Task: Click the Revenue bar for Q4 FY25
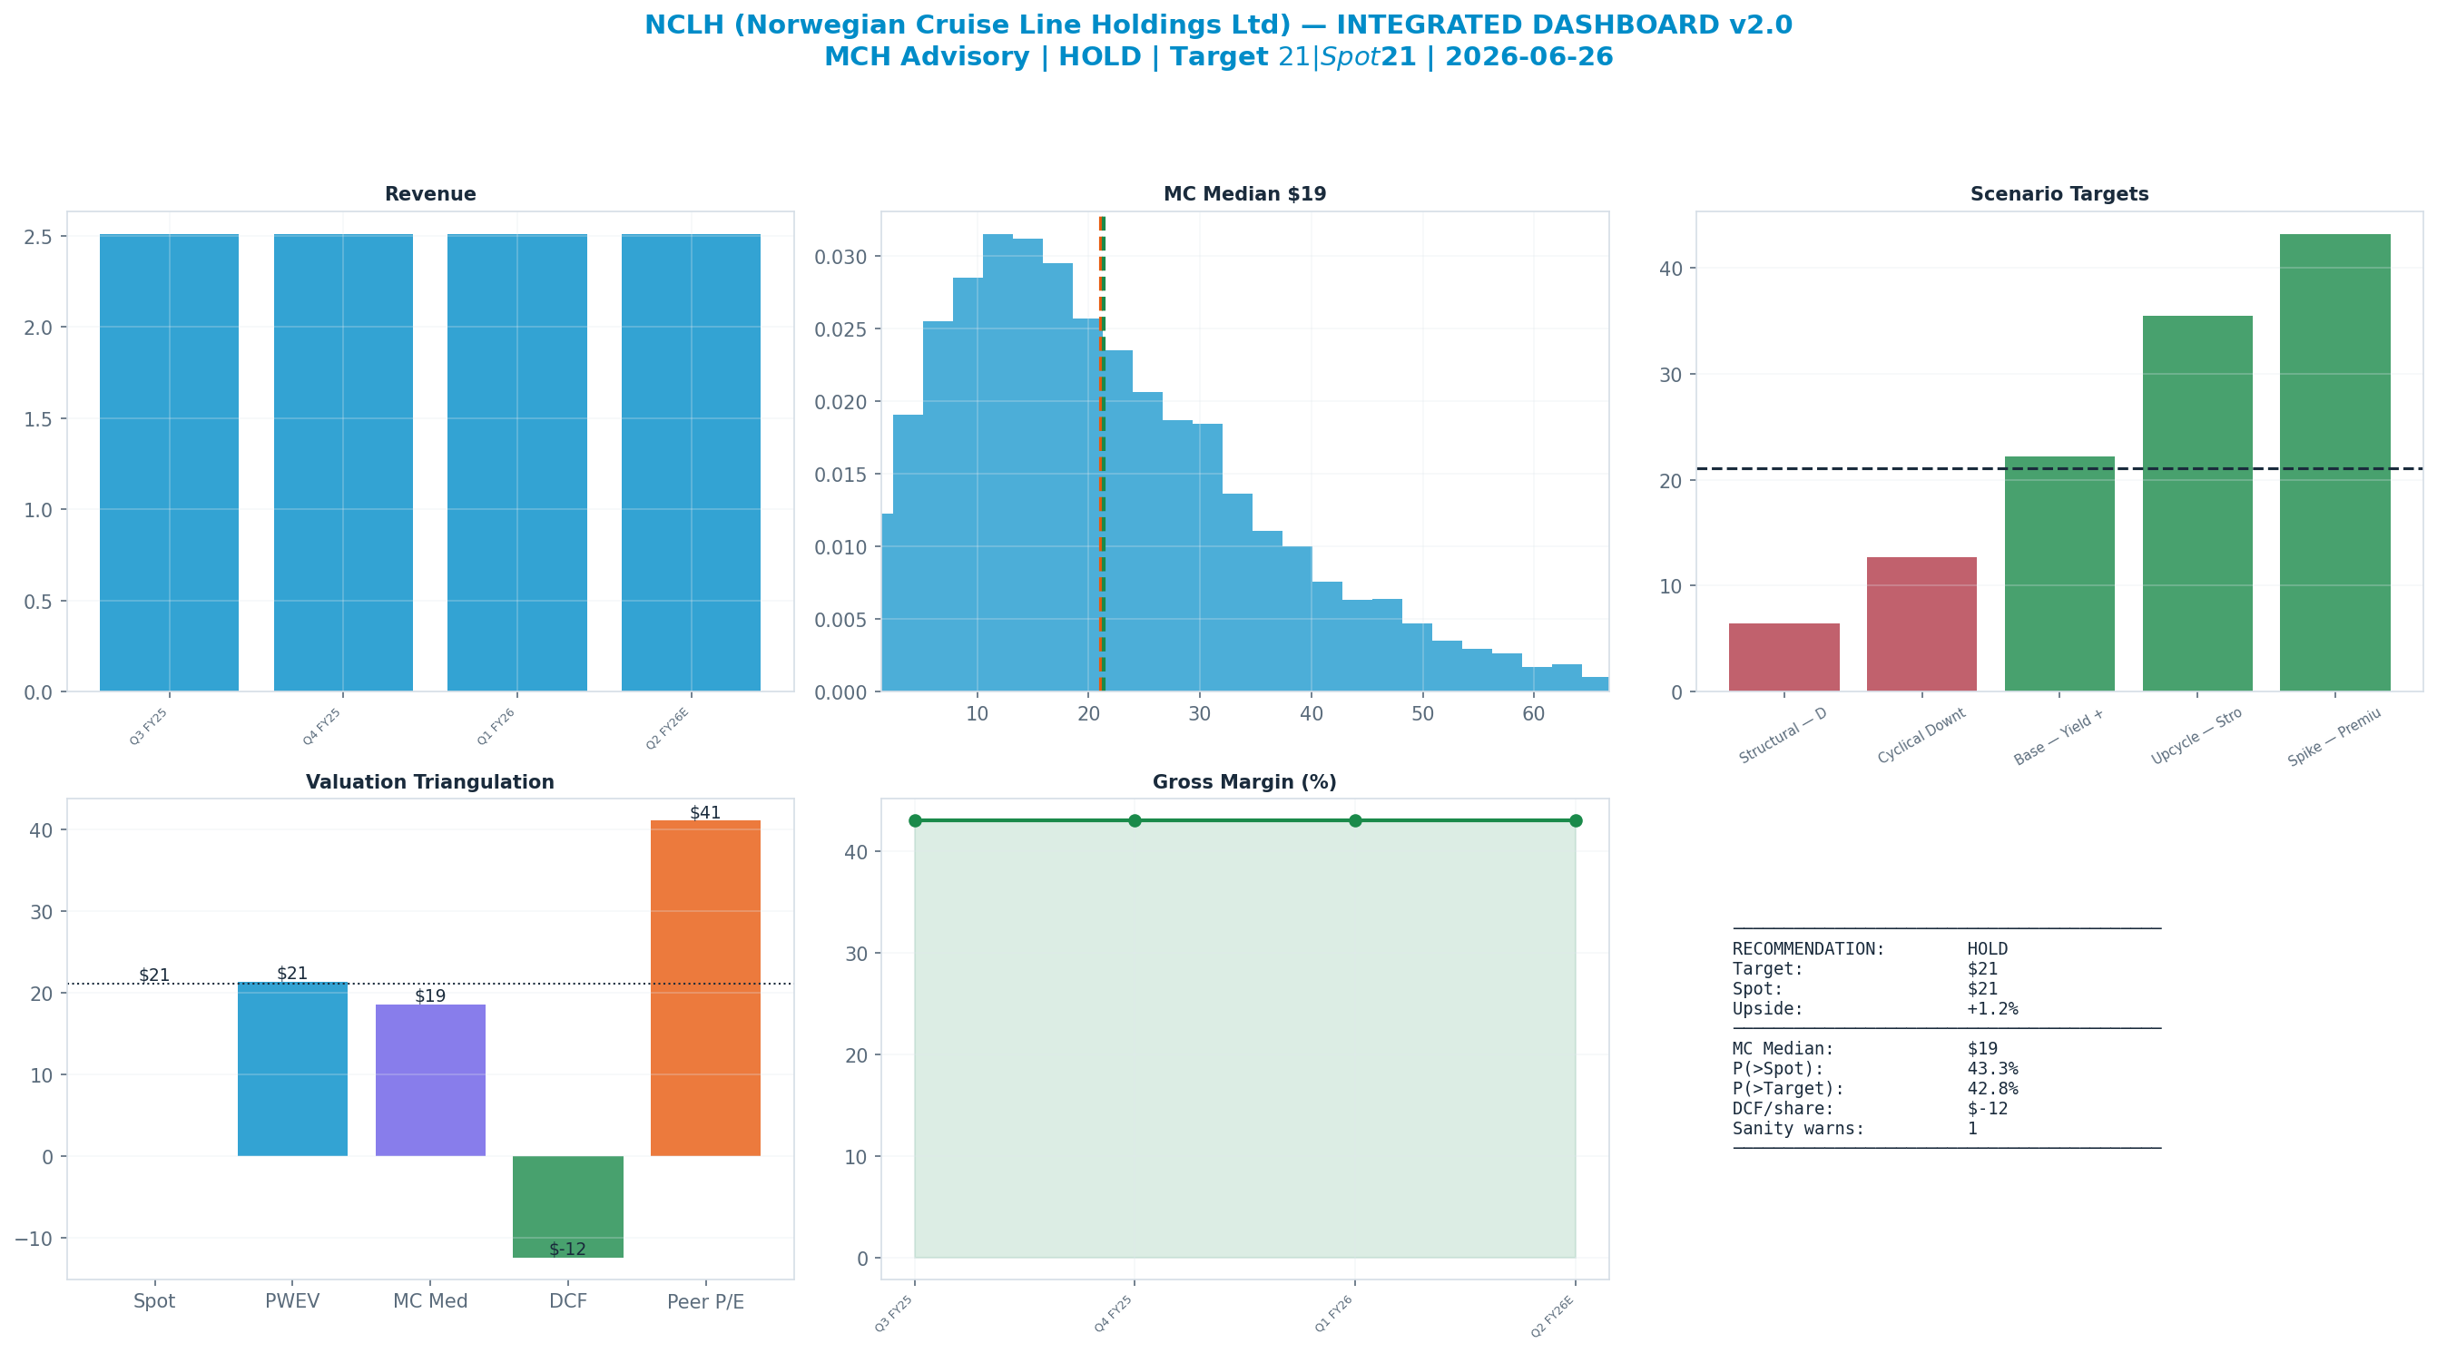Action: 343,463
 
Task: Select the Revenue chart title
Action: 430,194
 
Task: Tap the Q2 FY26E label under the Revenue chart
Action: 668,728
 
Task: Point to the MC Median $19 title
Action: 1245,194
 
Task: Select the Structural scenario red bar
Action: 1784,658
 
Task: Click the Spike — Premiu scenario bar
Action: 2334,463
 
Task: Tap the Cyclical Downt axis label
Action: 1921,736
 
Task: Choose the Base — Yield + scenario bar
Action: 2059,574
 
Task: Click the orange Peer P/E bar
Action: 706,988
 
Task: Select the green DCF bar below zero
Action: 567,1206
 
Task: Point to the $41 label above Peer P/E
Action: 705,813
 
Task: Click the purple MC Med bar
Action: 430,1081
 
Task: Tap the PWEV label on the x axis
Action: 292,1302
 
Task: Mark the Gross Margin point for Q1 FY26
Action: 1355,820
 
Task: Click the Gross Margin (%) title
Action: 1245,782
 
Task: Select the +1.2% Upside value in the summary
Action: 1992,1008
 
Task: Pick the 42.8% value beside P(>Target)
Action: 1992,1089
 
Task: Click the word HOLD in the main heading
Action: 1100,57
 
